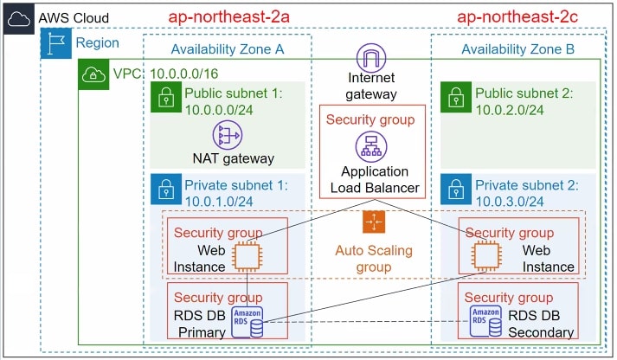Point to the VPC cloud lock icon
(92, 73)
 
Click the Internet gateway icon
(371, 58)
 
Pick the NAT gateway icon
(228, 134)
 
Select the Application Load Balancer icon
(373, 145)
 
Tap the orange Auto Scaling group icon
(373, 223)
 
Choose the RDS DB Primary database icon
(247, 321)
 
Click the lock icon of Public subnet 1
(164, 97)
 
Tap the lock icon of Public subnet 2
(453, 97)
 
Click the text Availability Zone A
(228, 49)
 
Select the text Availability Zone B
(517, 49)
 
